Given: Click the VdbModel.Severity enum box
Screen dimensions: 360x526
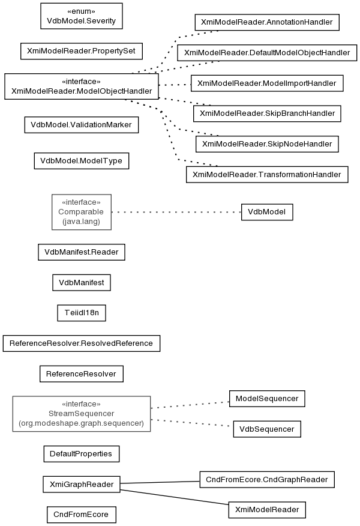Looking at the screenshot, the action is tap(82, 16).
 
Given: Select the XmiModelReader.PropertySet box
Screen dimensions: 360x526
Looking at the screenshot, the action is tap(82, 51).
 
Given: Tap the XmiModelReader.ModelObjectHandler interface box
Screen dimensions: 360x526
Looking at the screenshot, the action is tap(82, 86).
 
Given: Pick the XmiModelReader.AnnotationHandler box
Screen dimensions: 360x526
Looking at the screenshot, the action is tap(267, 22).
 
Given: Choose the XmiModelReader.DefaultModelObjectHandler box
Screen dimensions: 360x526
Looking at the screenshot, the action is tap(267, 53).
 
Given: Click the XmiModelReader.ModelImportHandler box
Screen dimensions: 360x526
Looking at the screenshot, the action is tap(267, 83).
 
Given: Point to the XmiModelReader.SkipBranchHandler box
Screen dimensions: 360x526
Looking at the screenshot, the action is tap(267, 113).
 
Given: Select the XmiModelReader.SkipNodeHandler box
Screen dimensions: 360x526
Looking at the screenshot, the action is tap(267, 144).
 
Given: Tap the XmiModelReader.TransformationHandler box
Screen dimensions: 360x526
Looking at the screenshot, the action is tap(267, 175).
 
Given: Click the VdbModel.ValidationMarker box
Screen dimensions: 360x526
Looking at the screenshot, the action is tap(82, 125).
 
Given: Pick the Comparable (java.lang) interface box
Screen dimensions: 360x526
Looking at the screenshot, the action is tap(82, 212).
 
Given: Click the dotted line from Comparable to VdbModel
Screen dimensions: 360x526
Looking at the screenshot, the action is tap(176, 212).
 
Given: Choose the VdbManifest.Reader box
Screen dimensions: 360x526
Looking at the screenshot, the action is tap(82, 252).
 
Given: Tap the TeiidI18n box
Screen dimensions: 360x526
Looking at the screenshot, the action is tap(82, 313).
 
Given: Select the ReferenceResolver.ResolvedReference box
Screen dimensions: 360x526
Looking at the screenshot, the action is tap(82, 343).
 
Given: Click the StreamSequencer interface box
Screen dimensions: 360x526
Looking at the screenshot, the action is tap(82, 414).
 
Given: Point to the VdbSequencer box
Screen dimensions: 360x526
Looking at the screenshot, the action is tap(267, 429).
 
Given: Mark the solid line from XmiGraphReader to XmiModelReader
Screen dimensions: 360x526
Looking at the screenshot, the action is tap(175, 497).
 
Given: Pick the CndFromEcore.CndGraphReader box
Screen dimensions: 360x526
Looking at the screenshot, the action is tap(267, 480).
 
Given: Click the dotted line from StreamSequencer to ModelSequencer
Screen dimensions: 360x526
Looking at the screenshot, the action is tap(190, 405).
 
